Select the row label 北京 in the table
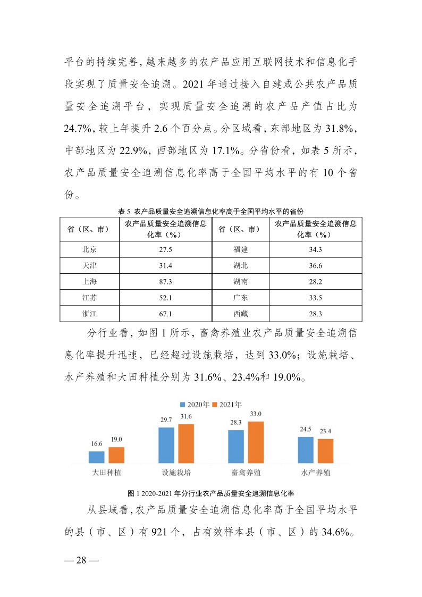90,249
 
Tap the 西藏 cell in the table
241,314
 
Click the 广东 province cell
241,298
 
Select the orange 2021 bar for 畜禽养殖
256,443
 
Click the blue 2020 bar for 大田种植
96,458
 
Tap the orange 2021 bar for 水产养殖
325,451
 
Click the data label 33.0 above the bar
256,414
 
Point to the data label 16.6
96,443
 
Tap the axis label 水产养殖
315,472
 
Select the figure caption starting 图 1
211,492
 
